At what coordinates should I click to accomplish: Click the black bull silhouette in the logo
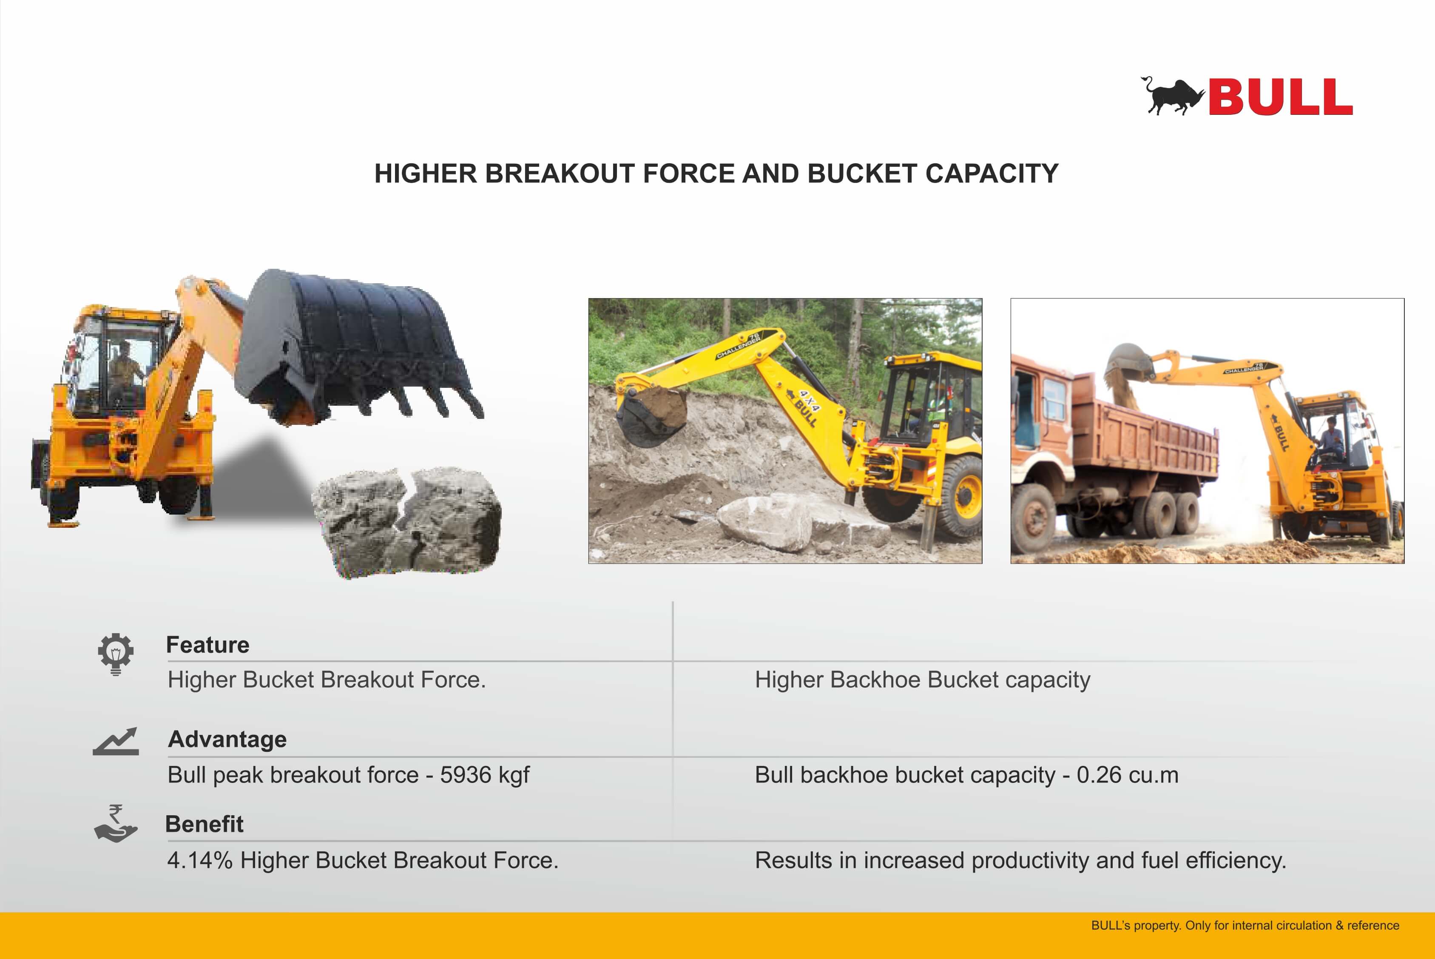[1171, 97]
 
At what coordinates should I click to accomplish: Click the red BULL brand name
[1280, 97]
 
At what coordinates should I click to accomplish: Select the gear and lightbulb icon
[116, 654]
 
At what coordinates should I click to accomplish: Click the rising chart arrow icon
[116, 741]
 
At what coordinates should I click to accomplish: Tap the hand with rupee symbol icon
[116, 823]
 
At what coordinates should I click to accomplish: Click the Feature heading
[208, 645]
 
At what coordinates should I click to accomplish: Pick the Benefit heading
[204, 824]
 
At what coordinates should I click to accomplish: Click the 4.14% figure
[200, 860]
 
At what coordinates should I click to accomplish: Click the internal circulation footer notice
[1245, 925]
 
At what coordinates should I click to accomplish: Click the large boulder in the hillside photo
[764, 522]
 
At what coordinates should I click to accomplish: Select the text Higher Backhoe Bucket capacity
[923, 680]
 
